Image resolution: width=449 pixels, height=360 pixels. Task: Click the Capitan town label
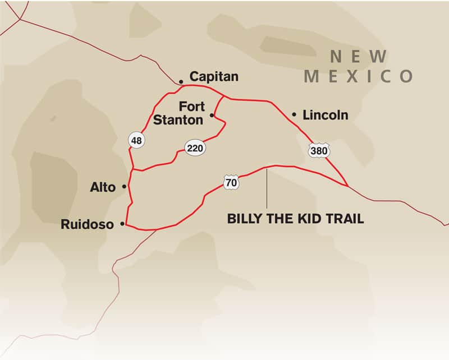[214, 77]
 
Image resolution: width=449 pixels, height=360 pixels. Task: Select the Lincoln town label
[325, 116]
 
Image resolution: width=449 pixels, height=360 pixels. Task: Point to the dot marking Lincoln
[294, 115]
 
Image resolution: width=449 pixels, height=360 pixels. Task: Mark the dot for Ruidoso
[122, 224]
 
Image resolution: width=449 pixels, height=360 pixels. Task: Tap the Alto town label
[103, 187]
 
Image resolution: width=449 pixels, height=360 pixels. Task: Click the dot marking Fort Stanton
[212, 116]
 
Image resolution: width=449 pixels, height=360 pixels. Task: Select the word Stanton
[178, 119]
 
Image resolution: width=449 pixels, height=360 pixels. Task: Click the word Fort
[191, 106]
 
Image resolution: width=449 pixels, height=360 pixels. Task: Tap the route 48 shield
[136, 140]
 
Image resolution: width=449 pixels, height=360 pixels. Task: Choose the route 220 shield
[195, 148]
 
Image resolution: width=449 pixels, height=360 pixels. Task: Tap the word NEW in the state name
[358, 57]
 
